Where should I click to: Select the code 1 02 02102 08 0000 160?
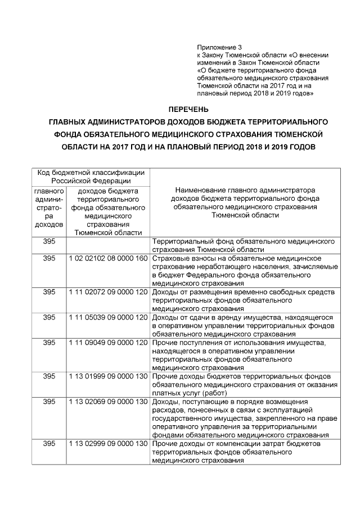click(x=108, y=258)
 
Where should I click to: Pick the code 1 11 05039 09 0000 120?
click(x=108, y=317)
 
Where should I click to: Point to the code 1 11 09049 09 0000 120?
click(x=108, y=342)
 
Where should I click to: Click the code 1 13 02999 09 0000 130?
click(x=108, y=444)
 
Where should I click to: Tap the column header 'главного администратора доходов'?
click(x=49, y=207)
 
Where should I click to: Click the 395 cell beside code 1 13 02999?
click(x=49, y=444)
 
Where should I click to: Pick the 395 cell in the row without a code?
click(x=49, y=241)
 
